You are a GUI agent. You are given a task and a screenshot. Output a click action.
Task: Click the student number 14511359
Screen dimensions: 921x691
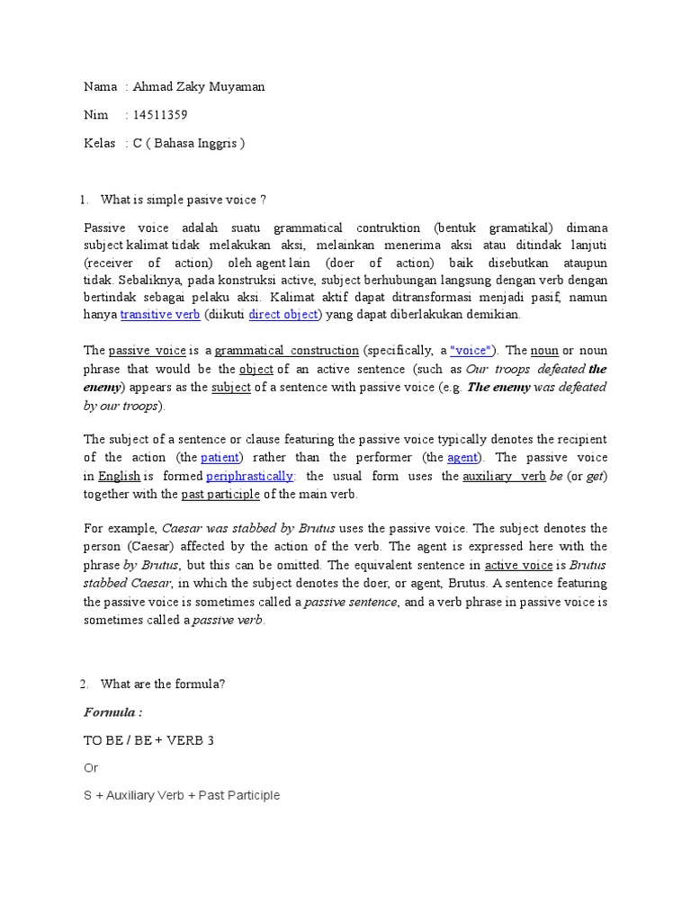[x=160, y=115]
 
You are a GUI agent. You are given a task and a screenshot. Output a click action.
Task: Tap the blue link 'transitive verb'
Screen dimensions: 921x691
[x=160, y=315]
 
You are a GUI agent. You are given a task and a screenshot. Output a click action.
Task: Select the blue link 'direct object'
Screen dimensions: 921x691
[x=283, y=315]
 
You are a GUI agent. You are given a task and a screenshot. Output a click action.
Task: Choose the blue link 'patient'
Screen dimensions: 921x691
[x=221, y=458]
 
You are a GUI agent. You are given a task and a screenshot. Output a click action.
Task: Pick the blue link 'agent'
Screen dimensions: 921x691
[x=462, y=458]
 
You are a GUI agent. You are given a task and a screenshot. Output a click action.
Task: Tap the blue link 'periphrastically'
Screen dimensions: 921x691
[x=250, y=476]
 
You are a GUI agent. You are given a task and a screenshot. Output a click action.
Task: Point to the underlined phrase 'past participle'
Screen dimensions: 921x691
[x=220, y=494]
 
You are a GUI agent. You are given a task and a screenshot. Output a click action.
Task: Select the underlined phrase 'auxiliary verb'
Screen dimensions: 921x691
[x=504, y=476]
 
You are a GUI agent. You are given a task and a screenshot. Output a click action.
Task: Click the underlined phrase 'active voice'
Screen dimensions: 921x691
[x=518, y=566]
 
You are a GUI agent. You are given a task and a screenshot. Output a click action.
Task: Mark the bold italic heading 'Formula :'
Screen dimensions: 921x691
[x=113, y=712]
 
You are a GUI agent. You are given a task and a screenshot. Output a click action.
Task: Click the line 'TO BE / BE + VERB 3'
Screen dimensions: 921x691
[x=148, y=740]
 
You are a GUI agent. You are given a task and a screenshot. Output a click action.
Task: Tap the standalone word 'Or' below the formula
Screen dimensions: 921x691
[x=91, y=768]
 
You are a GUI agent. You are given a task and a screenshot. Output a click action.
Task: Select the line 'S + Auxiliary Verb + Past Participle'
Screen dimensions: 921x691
[x=182, y=796]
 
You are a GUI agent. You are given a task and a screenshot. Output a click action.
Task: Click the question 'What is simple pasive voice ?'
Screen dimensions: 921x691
[x=184, y=199]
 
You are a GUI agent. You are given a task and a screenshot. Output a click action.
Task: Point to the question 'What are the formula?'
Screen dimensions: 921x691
[x=163, y=684]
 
